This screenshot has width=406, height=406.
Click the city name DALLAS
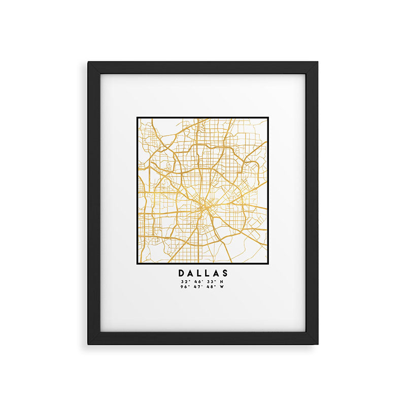point(203,274)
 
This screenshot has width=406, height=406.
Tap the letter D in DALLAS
point(182,274)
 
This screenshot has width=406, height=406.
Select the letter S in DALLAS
point(225,274)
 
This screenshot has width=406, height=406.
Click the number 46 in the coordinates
point(195,282)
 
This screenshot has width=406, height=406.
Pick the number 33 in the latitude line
point(208,282)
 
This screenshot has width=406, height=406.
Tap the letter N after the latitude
point(220,282)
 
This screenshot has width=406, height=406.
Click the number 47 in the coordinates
point(195,287)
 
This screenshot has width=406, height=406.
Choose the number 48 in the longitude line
point(208,287)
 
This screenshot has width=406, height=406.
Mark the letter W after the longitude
point(221,287)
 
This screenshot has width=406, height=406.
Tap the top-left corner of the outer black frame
point(88,62)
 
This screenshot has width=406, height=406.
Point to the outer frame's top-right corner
point(318,62)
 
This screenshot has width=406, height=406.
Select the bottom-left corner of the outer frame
point(88,344)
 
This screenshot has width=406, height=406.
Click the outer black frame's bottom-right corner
point(318,344)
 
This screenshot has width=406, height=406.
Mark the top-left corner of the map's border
point(137,118)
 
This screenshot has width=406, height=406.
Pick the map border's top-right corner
point(268,118)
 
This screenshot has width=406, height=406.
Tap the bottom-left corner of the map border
point(137,265)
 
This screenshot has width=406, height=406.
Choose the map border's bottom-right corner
point(268,265)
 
